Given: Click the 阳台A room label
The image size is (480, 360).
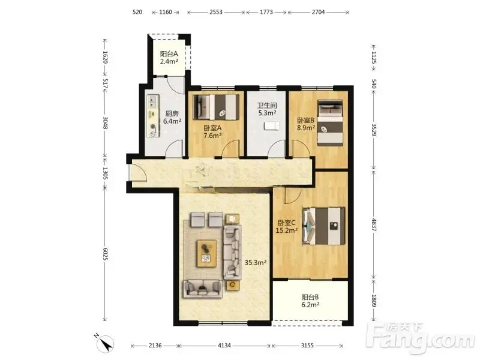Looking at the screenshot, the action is click(x=169, y=54).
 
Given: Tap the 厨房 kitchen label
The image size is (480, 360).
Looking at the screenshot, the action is click(x=172, y=113).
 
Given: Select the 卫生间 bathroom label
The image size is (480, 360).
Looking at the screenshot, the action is click(x=267, y=106).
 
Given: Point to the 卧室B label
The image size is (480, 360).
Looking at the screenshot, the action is click(x=305, y=121).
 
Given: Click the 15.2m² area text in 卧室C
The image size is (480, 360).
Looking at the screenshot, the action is click(x=287, y=230).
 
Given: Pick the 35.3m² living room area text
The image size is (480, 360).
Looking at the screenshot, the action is click(x=256, y=262).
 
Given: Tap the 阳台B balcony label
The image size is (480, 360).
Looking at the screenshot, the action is click(x=310, y=297).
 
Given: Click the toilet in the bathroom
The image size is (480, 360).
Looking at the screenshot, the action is click(x=272, y=126).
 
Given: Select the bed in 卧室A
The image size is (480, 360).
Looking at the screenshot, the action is click(x=216, y=107).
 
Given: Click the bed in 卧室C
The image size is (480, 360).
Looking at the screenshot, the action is click(x=323, y=226).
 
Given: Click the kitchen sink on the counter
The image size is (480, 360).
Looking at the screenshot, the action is click(x=153, y=101).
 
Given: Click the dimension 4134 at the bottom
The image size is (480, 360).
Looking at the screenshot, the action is click(x=224, y=346).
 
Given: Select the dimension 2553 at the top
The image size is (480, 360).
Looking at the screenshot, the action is click(x=216, y=12).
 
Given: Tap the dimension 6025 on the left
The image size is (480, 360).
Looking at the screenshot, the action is click(x=105, y=254).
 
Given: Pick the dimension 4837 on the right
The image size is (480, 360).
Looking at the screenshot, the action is click(x=374, y=224).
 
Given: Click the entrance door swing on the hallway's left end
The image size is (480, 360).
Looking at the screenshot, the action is click(x=139, y=173).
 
